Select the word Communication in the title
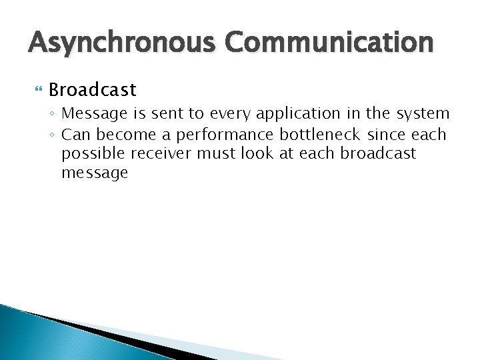click(329, 43)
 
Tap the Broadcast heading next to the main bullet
click(92, 89)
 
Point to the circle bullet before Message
click(53, 115)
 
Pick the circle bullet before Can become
click(53, 135)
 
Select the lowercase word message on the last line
click(94, 173)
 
